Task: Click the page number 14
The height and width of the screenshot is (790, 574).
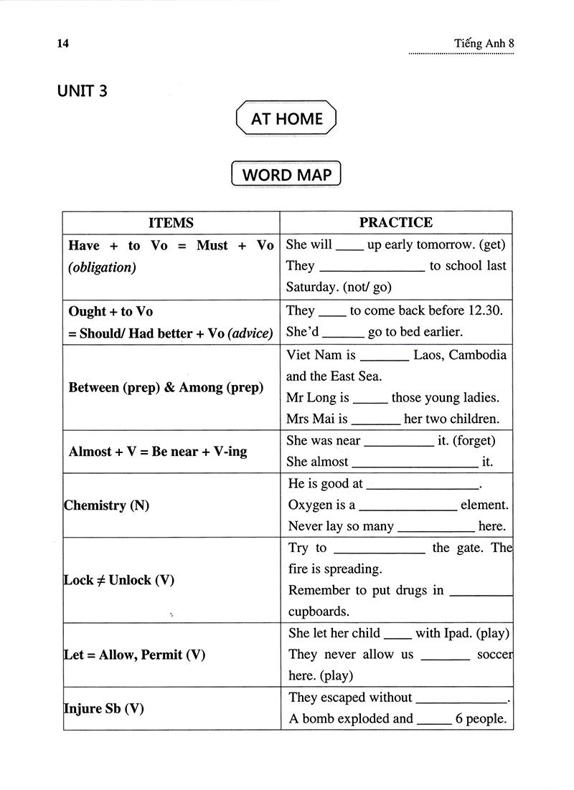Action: pyautogui.click(x=62, y=43)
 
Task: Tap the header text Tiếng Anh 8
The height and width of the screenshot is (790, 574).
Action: pyautogui.click(x=484, y=43)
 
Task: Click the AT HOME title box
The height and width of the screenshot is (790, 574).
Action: pyautogui.click(x=286, y=118)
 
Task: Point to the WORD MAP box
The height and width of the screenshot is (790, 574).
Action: pyautogui.click(x=286, y=174)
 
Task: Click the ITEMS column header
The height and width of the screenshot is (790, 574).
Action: pyautogui.click(x=171, y=222)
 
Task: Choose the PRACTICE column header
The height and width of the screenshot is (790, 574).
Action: pyautogui.click(x=395, y=222)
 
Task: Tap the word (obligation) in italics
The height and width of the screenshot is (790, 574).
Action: pyautogui.click(x=102, y=268)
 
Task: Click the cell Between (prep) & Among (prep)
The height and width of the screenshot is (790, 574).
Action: pyautogui.click(x=166, y=388)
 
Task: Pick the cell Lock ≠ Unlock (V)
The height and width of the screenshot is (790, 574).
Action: pyautogui.click(x=119, y=580)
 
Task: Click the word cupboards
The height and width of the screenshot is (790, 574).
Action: pyautogui.click(x=319, y=611)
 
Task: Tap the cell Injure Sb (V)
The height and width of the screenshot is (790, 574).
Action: pyautogui.click(x=104, y=709)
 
